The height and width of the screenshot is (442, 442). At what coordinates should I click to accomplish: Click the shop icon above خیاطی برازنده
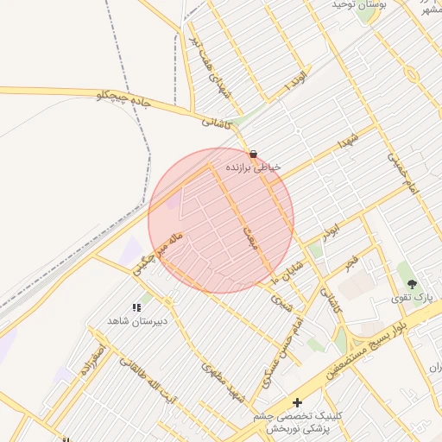(251, 154)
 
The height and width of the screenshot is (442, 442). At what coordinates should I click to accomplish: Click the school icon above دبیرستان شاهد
(136, 306)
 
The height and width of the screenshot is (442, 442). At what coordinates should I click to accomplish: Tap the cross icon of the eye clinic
(297, 402)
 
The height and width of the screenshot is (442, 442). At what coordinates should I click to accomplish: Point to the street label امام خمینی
(402, 177)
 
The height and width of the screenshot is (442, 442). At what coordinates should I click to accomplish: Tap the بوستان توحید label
(359, 5)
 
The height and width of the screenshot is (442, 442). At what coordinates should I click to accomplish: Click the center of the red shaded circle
(221, 221)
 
